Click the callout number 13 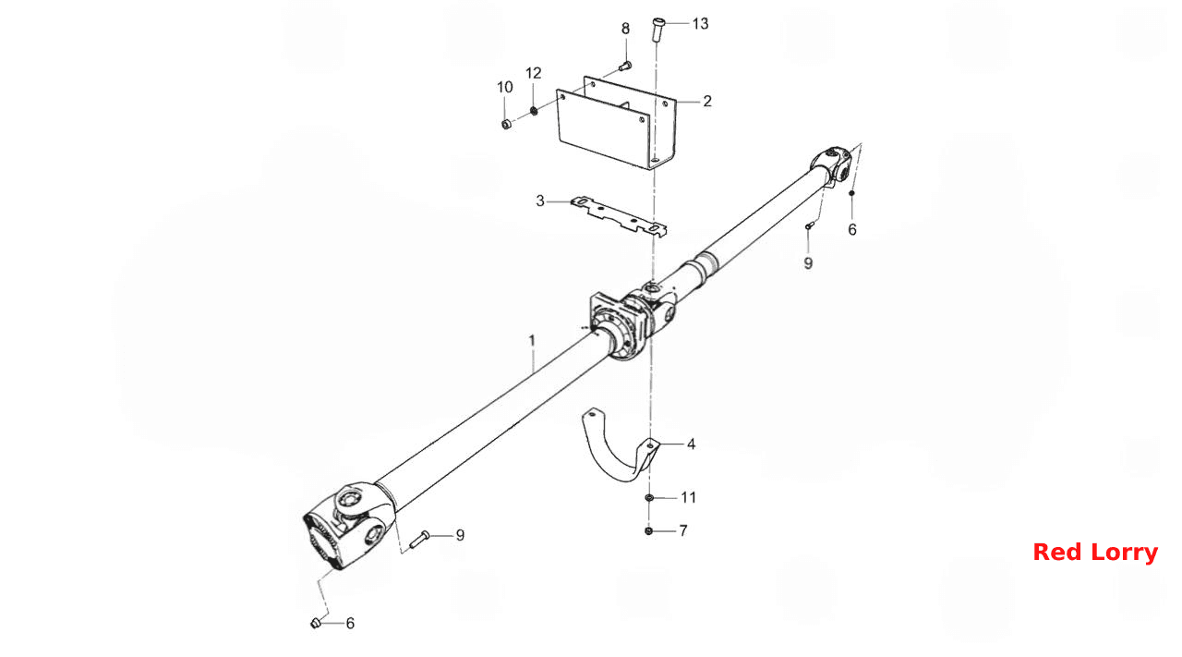point(700,24)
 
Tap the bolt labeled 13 point(657,30)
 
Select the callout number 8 point(625,29)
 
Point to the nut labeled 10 point(506,125)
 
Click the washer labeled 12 point(534,111)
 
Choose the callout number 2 point(707,101)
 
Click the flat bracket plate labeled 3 point(619,216)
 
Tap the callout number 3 point(540,201)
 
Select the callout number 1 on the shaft point(532,341)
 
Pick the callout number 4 point(691,444)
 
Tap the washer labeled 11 point(649,497)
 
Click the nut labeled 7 point(648,530)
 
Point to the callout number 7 point(683,530)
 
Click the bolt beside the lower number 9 point(419,538)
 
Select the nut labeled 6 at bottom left point(316,623)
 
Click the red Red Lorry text point(1095,553)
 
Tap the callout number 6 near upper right point(852,230)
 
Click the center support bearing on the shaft point(620,324)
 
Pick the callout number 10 point(505,87)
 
